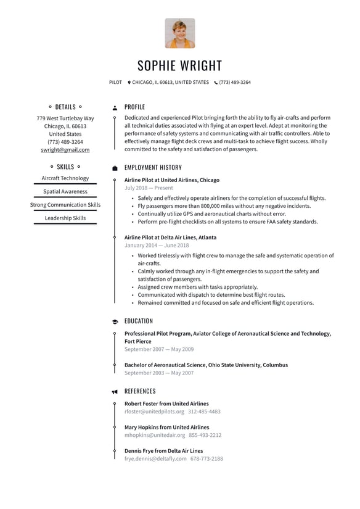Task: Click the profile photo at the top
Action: click(x=180, y=33)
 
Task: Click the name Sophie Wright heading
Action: click(x=180, y=66)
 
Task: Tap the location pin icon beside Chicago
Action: click(x=129, y=82)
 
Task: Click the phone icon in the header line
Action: click(x=216, y=82)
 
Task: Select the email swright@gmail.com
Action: click(x=65, y=150)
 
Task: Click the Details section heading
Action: click(x=65, y=107)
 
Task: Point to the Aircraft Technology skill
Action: click(x=65, y=178)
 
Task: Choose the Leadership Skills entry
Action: click(x=65, y=218)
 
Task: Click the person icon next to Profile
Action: click(x=115, y=107)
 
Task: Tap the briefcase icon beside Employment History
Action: click(x=115, y=168)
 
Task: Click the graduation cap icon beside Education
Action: click(x=115, y=321)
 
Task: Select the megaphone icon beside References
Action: click(x=115, y=392)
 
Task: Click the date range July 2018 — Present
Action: click(x=149, y=188)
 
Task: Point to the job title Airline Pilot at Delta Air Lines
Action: click(x=170, y=238)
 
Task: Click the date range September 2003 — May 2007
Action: click(x=159, y=373)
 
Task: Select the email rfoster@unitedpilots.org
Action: click(x=154, y=412)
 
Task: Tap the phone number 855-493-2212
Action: click(x=206, y=435)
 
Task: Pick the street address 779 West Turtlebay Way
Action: click(x=65, y=118)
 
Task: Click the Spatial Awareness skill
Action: click(x=65, y=192)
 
